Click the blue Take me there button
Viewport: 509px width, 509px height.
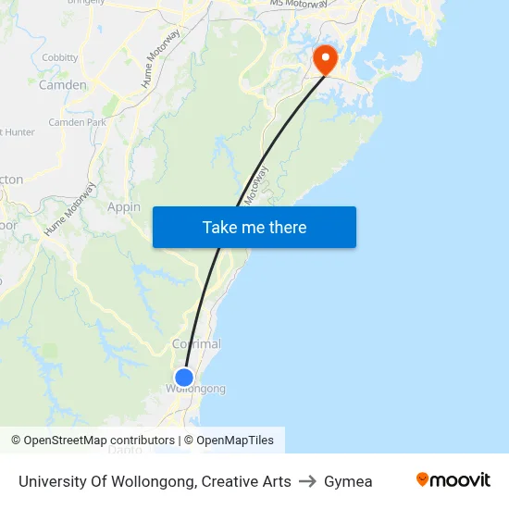click(x=254, y=228)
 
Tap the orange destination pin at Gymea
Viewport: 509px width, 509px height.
click(x=326, y=59)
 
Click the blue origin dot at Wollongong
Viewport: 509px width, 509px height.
click(x=184, y=378)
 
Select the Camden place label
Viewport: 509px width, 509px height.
click(x=63, y=85)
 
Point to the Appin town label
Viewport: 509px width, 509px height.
click(x=124, y=207)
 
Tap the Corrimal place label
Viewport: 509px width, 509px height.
click(x=196, y=344)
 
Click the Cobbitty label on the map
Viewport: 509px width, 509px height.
click(x=60, y=57)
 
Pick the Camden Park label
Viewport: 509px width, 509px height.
click(x=78, y=122)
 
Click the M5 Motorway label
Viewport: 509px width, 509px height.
click(x=299, y=5)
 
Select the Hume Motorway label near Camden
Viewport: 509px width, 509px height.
click(x=160, y=69)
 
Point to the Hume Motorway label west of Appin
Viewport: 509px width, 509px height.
click(x=69, y=209)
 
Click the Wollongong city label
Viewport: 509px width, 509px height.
click(x=195, y=390)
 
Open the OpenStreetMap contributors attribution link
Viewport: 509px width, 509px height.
click(x=99, y=441)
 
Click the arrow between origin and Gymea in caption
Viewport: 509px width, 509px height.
click(x=307, y=481)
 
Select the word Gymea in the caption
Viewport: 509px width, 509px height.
click(x=348, y=481)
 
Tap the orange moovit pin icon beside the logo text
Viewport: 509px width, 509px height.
click(x=423, y=479)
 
